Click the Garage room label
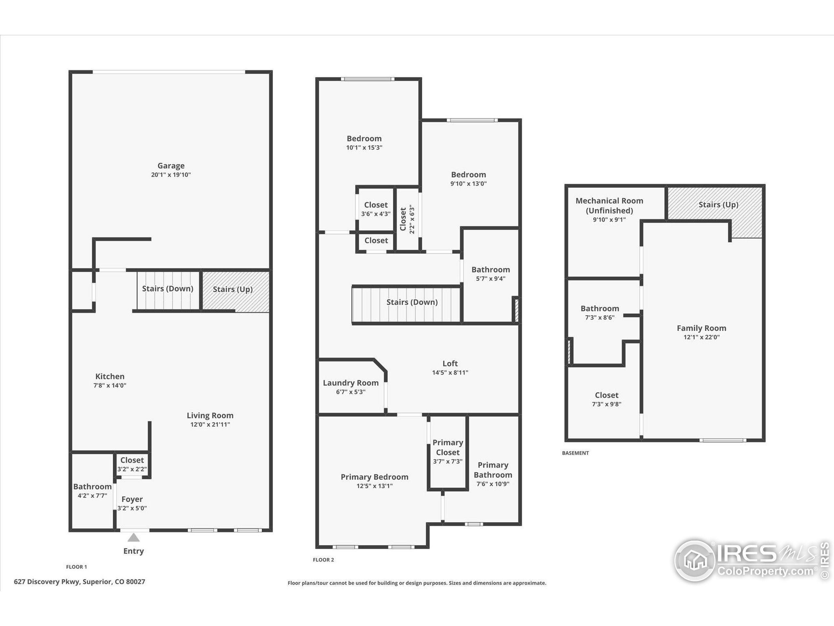(x=171, y=166)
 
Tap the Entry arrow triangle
(x=134, y=537)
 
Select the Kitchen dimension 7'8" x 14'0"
(x=110, y=385)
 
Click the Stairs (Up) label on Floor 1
(x=233, y=290)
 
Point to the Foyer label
(x=132, y=499)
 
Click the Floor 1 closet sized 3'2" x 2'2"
(x=132, y=465)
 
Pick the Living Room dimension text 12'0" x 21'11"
(x=210, y=425)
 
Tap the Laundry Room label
(x=351, y=383)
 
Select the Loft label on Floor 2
(x=450, y=364)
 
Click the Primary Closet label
(x=448, y=448)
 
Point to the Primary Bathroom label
(x=493, y=470)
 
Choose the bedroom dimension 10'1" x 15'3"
(x=364, y=148)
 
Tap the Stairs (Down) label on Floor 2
(x=412, y=302)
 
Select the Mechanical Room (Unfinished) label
(x=609, y=206)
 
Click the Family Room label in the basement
(x=701, y=328)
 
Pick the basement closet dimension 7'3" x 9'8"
(x=606, y=404)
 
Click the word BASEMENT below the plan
(x=575, y=453)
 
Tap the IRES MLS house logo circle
(x=695, y=560)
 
